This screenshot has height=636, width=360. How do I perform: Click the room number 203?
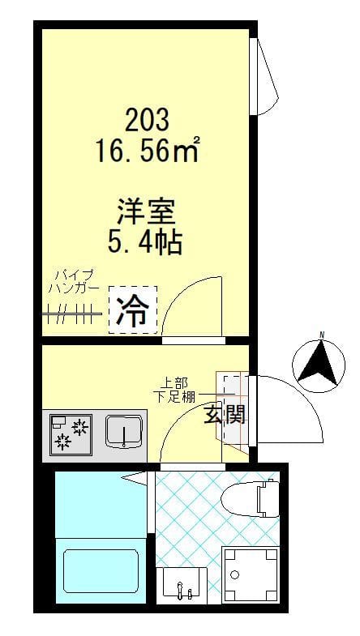coord(148,121)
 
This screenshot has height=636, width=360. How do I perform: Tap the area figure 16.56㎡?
coord(148,151)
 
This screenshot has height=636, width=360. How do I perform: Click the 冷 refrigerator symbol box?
coord(132,309)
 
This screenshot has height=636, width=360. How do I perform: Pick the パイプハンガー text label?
coord(74,280)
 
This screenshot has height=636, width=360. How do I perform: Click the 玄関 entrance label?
coord(224,416)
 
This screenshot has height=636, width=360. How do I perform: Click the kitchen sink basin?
coord(124,432)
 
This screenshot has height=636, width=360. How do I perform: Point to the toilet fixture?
coord(258,497)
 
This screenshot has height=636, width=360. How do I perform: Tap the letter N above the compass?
coord(321,335)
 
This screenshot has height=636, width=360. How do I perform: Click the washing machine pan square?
coord(247,576)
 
